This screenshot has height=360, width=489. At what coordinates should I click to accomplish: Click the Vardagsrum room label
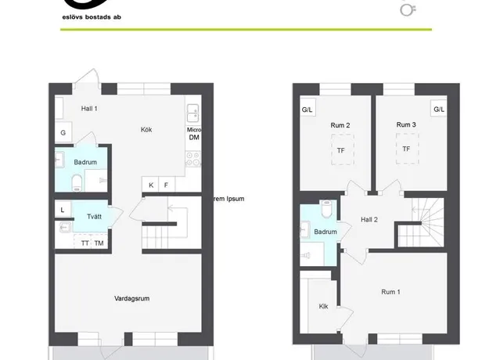132,298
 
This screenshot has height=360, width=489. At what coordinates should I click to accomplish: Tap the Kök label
146,129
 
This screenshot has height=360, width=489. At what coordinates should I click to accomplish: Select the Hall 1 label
89,109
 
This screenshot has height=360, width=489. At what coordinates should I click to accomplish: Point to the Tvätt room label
94,217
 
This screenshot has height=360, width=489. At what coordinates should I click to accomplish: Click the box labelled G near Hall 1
63,132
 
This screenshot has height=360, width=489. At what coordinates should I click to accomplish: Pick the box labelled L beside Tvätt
63,210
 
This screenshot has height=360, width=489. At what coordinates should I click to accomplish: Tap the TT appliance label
84,243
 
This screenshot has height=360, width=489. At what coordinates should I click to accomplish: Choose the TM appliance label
99,243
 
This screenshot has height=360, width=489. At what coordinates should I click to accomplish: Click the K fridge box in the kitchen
151,185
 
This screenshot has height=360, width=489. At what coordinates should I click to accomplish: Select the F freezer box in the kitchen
167,185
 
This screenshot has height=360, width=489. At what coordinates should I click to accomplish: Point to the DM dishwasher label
194,137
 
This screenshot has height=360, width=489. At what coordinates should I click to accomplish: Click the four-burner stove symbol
193,159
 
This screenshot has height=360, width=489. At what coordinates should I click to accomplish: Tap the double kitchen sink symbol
193,113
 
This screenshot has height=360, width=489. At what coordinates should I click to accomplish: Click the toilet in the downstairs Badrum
77,182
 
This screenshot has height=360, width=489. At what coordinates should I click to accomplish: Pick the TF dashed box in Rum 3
407,149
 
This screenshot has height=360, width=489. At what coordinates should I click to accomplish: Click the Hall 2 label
369,220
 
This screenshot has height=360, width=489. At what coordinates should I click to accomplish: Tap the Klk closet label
323,306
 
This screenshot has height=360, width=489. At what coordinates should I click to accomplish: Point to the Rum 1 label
390,292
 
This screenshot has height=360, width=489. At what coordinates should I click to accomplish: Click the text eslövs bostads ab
92,17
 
